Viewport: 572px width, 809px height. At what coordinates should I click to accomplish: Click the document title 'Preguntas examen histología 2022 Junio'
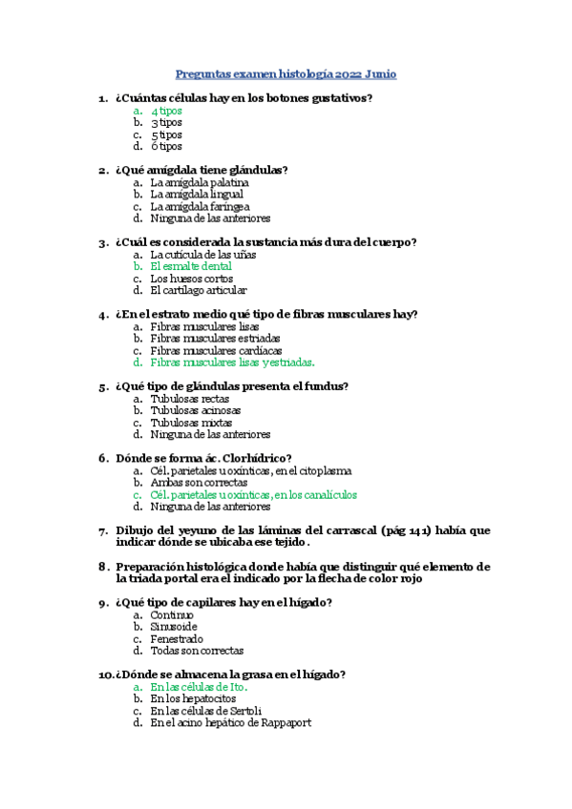[286, 73]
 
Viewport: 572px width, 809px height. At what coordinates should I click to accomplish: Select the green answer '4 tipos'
[166, 111]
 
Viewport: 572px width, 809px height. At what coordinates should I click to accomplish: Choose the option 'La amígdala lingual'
[197, 194]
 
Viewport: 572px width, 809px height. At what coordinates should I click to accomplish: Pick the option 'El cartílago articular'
[199, 290]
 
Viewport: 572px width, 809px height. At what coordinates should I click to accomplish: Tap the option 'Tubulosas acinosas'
[196, 410]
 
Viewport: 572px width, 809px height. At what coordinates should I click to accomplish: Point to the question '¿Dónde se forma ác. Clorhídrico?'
[203, 457]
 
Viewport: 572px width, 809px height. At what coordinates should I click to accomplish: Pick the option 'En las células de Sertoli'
[205, 711]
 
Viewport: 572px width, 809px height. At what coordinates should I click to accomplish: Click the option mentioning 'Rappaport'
[230, 722]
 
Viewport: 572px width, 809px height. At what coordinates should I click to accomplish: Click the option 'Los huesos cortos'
[192, 279]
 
